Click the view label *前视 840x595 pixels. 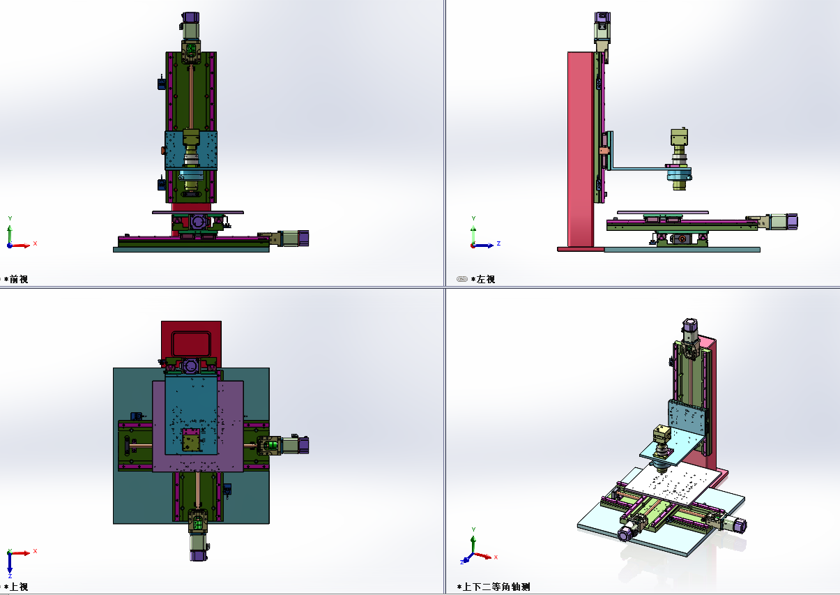[16, 279]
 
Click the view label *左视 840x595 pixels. [483, 279]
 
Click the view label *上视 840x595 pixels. [16, 587]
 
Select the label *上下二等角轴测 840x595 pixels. [494, 587]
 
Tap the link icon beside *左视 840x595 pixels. [462, 279]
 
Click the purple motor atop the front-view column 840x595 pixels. [190, 17]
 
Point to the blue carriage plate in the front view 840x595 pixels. [191, 151]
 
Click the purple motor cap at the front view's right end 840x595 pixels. [303, 239]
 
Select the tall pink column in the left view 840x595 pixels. [581, 149]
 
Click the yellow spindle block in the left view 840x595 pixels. [679, 137]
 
